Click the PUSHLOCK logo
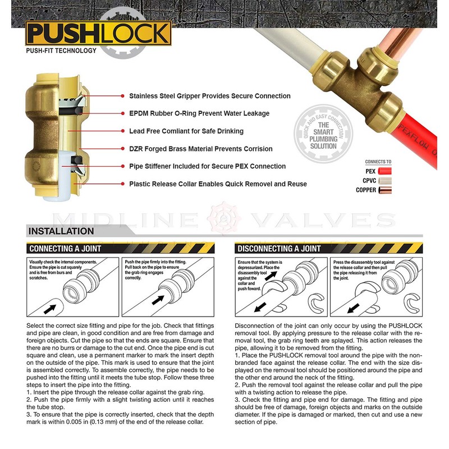tap(99, 34)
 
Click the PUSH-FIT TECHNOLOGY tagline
tap(61, 51)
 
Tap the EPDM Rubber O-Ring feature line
tap(199, 113)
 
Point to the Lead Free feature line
tap(186, 131)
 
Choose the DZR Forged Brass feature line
tap(201, 149)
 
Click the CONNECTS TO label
tap(378, 162)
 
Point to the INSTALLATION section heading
tap(61, 231)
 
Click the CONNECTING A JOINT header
tap(65, 248)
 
